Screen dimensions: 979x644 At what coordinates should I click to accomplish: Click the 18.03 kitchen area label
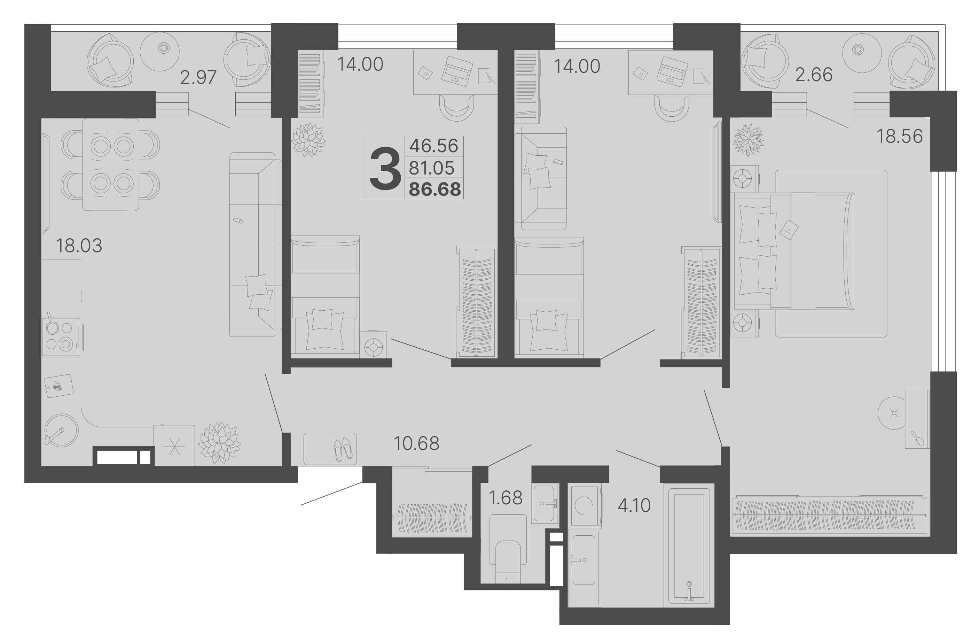click(79, 246)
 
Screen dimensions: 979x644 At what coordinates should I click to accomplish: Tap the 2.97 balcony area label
click(198, 77)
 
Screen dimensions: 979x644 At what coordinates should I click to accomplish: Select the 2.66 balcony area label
click(814, 75)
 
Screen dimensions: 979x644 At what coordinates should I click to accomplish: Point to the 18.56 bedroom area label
click(900, 136)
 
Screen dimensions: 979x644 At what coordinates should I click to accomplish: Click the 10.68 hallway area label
click(417, 443)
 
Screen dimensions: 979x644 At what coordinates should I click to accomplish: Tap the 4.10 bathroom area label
click(634, 505)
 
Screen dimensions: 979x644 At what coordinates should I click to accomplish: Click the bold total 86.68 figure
click(435, 189)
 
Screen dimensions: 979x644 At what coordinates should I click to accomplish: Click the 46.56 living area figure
click(433, 146)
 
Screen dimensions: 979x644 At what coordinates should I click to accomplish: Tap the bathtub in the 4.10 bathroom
click(689, 545)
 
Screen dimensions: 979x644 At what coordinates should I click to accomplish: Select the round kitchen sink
click(61, 430)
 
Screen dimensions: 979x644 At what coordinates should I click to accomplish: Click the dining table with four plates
click(111, 165)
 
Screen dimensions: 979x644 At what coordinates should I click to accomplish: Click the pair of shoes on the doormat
click(343, 449)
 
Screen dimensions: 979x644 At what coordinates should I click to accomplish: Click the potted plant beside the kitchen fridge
click(219, 443)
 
